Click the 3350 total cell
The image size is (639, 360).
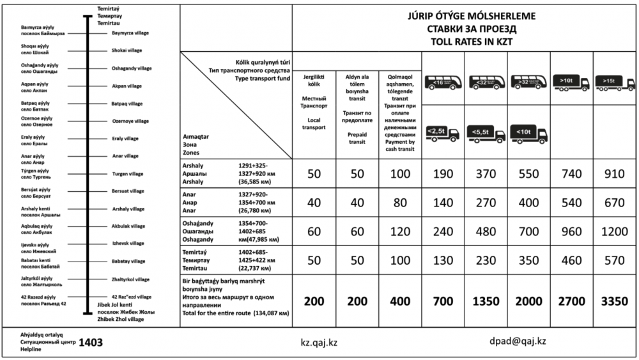pyautogui.click(x=615, y=301)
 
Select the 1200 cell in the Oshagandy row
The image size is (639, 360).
pyautogui.click(x=615, y=232)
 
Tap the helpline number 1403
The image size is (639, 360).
pyautogui.click(x=91, y=343)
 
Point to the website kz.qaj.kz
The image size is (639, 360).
pyautogui.click(x=319, y=342)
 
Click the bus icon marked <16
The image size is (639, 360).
pyautogui.click(x=443, y=82)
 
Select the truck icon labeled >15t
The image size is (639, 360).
pyautogui.click(x=615, y=82)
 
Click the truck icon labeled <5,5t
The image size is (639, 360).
pyautogui.click(x=486, y=134)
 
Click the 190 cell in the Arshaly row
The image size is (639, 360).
pyautogui.click(x=443, y=175)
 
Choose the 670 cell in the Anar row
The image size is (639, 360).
pyautogui.click(x=615, y=203)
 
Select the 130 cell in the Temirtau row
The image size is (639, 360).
pyautogui.click(x=443, y=260)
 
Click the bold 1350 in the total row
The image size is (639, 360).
pyautogui.click(x=486, y=301)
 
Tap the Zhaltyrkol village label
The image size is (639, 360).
pyautogui.click(x=130, y=279)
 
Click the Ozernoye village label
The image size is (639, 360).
pyautogui.click(x=130, y=121)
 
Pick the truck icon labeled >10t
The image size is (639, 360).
pyautogui.click(x=571, y=82)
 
